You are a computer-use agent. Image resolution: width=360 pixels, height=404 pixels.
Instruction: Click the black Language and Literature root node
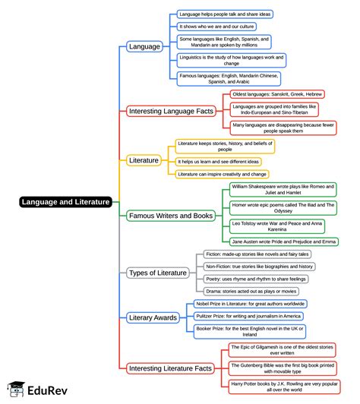(x=66, y=202)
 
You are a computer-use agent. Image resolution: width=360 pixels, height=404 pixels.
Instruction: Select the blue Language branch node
(x=144, y=46)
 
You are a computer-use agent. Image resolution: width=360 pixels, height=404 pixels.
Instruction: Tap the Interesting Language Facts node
(x=171, y=111)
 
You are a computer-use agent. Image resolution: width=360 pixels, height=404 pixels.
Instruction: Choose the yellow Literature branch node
(x=144, y=160)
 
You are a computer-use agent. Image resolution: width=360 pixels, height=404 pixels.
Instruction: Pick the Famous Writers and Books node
(x=171, y=216)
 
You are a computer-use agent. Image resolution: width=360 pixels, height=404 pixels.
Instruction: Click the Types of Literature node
(x=158, y=273)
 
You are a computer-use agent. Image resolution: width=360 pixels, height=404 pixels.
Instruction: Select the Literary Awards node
(x=153, y=317)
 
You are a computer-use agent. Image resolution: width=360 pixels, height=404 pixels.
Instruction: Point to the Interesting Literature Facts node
(x=170, y=368)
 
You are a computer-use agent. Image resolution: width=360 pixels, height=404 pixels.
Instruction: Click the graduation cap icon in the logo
(x=16, y=389)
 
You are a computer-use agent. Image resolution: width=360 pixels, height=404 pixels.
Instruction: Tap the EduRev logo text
(x=47, y=390)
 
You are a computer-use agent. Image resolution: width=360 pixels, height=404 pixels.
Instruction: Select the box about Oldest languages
(x=277, y=94)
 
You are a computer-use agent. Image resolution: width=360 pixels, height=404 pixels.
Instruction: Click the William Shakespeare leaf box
(x=283, y=189)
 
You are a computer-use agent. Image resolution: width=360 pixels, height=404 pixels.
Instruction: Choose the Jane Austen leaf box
(x=284, y=241)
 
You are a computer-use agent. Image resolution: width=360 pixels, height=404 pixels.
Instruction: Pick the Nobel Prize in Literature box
(x=250, y=304)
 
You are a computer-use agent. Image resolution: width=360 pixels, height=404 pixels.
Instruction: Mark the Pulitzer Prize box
(x=248, y=316)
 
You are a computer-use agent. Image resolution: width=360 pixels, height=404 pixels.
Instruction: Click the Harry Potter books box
(x=284, y=387)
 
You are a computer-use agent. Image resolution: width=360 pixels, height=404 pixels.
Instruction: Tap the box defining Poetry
(x=256, y=279)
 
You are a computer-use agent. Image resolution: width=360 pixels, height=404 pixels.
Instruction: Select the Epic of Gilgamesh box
(x=282, y=350)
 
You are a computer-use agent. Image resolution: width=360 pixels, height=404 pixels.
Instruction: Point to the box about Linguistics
(x=232, y=60)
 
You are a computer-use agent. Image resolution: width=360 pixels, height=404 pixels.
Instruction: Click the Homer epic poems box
(x=283, y=208)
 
